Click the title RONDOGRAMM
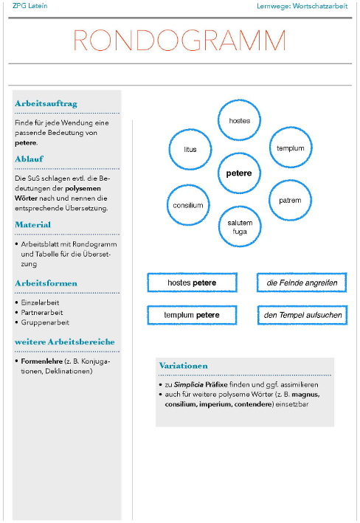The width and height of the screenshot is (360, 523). pos(180,41)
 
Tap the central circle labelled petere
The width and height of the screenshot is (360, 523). pos(239,173)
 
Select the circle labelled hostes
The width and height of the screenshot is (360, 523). pos(239,120)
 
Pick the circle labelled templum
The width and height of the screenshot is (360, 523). pos(290,148)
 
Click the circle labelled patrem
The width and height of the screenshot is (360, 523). pos(290,200)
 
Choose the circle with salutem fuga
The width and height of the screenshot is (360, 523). pos(240,227)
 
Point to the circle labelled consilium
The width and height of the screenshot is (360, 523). pos(189,205)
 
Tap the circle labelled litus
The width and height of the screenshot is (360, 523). pos(190,149)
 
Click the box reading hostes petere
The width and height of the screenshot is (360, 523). pos(192,283)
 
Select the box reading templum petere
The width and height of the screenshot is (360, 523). pos(192,316)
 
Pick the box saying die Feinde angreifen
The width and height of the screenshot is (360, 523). pos(302,283)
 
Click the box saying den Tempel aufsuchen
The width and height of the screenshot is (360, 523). pos(302,316)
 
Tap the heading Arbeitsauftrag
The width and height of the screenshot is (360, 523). pos(46,103)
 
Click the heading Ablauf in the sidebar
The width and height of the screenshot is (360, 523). pos(30,159)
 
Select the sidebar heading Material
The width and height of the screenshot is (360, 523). pos(33,224)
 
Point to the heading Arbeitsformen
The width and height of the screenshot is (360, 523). pos(46,283)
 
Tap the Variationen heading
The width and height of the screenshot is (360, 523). pos(183,366)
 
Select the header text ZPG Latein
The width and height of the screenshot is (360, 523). pos(25,6)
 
